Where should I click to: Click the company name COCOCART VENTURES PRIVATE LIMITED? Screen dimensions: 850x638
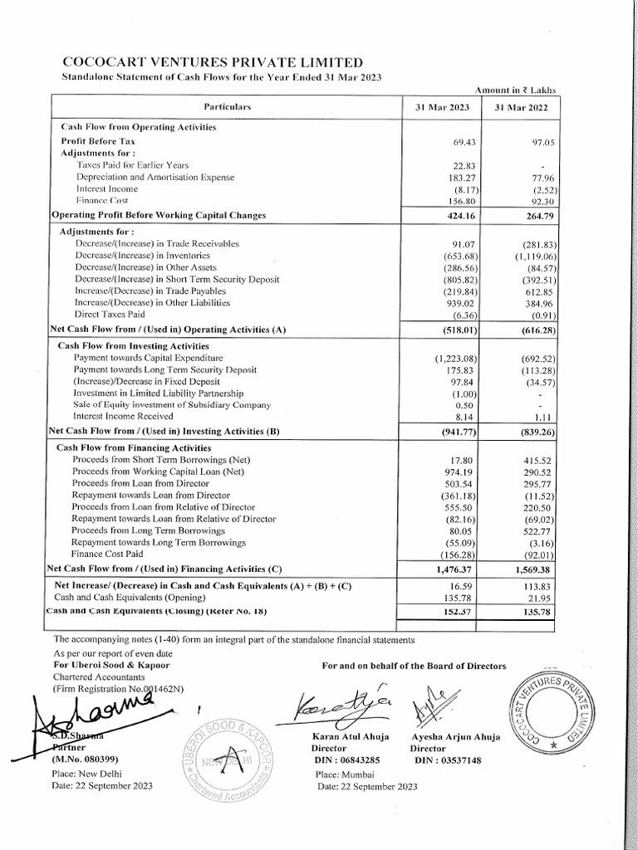213,62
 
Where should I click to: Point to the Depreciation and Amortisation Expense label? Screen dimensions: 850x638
155,177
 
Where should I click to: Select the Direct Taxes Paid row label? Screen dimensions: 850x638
110,315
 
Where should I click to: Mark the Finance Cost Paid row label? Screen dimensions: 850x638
106,553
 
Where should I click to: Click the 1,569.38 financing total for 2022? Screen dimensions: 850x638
532,569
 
